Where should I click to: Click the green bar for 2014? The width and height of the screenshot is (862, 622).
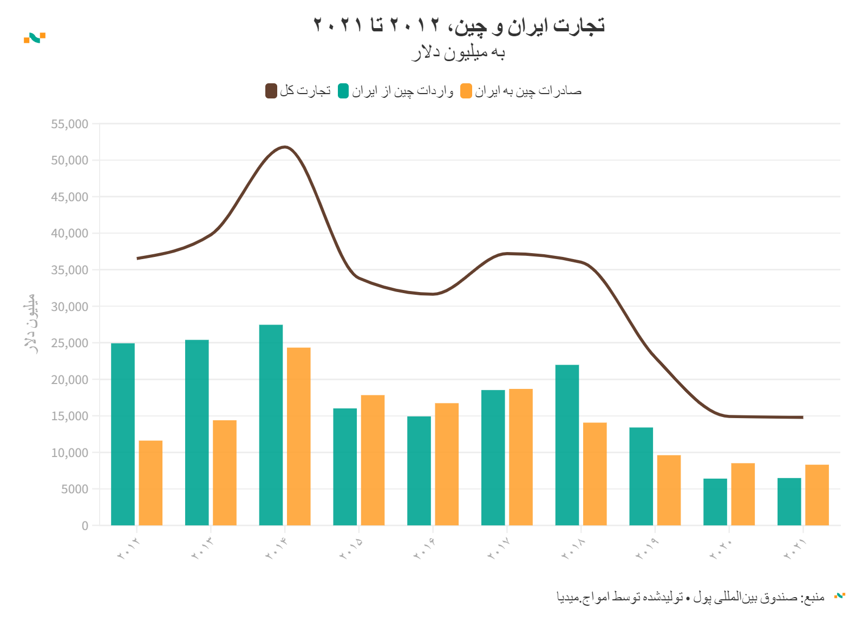271,425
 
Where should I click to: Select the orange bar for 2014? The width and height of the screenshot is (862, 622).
299,436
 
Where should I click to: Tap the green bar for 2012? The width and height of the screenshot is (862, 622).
123,434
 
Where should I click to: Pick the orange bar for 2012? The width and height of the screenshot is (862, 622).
151,483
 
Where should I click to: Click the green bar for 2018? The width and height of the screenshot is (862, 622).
567,445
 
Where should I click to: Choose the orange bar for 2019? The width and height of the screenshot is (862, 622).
669,490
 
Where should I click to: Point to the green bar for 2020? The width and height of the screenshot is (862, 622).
715,502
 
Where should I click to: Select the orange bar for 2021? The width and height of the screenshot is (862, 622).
817,495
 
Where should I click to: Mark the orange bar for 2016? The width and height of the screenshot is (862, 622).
447,464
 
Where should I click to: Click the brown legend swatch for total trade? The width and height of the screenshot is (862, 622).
271,91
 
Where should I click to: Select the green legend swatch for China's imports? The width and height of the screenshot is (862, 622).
343,91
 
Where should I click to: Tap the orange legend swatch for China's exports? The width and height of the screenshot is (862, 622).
466,91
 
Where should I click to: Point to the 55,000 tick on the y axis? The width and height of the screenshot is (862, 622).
69,124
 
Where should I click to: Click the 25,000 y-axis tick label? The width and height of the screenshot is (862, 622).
69,343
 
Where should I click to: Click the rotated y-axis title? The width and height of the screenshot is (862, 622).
30,323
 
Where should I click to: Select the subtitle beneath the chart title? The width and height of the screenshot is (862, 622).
458,53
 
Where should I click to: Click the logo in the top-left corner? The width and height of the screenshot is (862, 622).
35,37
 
